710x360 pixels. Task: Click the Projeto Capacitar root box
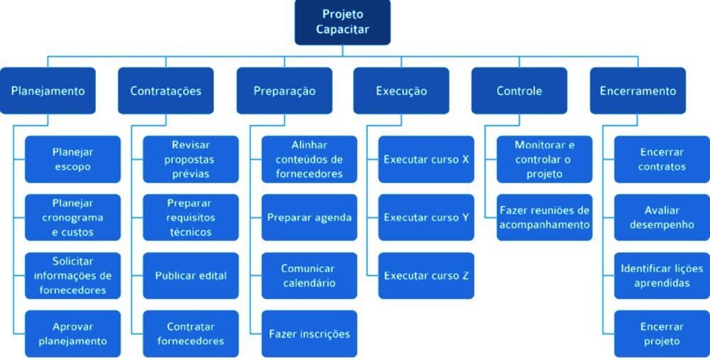click(x=342, y=22)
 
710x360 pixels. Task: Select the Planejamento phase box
click(x=48, y=91)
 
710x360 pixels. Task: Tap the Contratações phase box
click(x=165, y=91)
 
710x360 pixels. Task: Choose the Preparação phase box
click(x=284, y=91)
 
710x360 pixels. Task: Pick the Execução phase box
click(x=401, y=91)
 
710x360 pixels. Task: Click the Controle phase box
click(x=519, y=91)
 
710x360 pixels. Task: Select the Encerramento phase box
click(x=638, y=91)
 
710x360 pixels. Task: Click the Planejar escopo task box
click(x=72, y=159)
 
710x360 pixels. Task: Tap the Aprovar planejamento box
click(x=72, y=334)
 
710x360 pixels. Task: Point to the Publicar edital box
click(x=190, y=276)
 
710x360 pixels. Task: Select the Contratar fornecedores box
click(x=190, y=334)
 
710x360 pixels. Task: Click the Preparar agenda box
click(x=309, y=217)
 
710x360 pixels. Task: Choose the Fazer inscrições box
click(x=309, y=334)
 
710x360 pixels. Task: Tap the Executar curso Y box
click(x=426, y=217)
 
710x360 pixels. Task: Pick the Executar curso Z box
click(x=426, y=276)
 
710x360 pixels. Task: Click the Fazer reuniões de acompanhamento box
click(x=544, y=217)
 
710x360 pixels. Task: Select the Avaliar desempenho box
click(x=662, y=217)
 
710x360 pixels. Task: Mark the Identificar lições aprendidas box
click(x=662, y=276)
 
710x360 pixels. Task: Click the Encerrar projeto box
click(x=662, y=334)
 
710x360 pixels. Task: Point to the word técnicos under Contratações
click(x=190, y=232)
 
